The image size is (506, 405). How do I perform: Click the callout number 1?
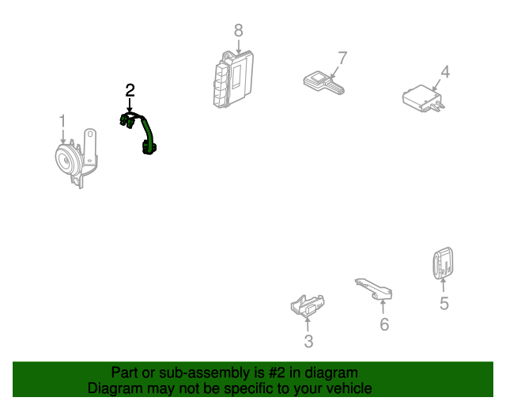coord(62,121)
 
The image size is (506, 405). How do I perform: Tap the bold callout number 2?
coord(130,90)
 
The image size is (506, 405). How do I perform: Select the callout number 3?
coord(308,342)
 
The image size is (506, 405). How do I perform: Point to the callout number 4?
coord(445,72)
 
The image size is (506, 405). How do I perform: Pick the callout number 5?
coord(444,303)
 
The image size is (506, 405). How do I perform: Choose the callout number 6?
coord(384,324)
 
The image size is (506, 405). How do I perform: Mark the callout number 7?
coord(342,58)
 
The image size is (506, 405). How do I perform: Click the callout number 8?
coord(238,31)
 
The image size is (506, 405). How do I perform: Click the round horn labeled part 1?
coord(76,158)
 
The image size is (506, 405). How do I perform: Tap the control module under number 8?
coord(233,79)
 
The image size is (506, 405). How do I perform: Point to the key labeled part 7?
coord(323,83)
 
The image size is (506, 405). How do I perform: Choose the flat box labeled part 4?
coord(424,98)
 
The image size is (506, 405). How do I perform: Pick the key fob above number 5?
coord(443,263)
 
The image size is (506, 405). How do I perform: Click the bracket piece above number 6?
coord(374,289)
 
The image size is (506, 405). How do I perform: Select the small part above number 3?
coord(308,305)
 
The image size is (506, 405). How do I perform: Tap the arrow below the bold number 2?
coord(130,106)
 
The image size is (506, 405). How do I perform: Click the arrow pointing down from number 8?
coord(238,46)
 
